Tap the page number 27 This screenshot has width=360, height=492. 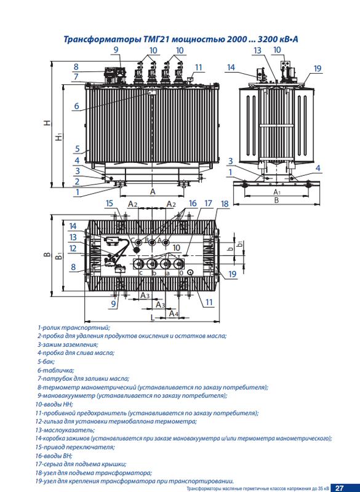click(339, 488)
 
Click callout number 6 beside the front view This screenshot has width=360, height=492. click(76, 106)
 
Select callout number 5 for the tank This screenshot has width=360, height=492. click(77, 149)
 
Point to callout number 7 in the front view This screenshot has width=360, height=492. click(76, 77)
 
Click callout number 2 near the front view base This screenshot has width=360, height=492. click(77, 181)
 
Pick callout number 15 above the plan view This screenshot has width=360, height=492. click(109, 204)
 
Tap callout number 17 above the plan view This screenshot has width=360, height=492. click(209, 204)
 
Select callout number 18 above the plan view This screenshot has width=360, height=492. click(225, 204)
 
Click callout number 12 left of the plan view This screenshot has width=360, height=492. click(73, 248)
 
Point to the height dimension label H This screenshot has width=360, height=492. click(47, 122)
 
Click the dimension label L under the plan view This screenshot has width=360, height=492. click(152, 317)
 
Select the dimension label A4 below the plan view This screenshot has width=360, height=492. click(174, 314)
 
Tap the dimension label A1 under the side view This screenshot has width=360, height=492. click(276, 192)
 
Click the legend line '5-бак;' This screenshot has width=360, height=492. click(46, 362)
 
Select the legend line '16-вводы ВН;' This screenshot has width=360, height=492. click(54, 455)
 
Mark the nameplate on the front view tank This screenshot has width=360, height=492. click(152, 92)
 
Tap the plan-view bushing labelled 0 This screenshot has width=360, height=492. click(178, 264)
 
